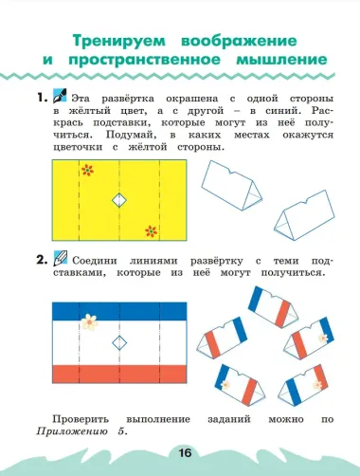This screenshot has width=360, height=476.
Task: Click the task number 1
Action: click(38, 98)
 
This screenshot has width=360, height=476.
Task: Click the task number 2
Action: click(39, 258)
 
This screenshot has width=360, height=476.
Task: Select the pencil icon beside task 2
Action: click(59, 258)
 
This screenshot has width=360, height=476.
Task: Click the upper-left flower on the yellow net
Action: click(88, 172)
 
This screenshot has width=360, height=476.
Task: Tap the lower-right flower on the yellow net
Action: click(151, 229)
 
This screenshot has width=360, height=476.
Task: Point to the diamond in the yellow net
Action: click(119, 200)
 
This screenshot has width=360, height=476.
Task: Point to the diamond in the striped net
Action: click(119, 341)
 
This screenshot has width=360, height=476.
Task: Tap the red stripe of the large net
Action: click(118, 371)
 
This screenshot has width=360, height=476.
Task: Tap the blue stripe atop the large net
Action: click(118, 310)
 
